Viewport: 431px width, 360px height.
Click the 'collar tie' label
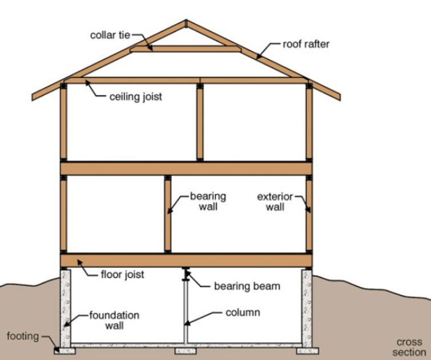pyautogui.click(x=110, y=35)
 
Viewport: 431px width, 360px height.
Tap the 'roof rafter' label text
pyautogui.click(x=306, y=43)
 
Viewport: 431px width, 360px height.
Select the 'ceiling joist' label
pyautogui.click(x=135, y=96)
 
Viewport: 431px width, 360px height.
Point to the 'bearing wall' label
pyautogui.click(x=208, y=201)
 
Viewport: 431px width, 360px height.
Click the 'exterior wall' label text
pyautogui.click(x=275, y=202)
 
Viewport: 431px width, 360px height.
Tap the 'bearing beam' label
pyautogui.click(x=247, y=285)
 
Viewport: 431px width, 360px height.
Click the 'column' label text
pyautogui.click(x=243, y=313)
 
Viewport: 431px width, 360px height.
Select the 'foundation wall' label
pyautogui.click(x=114, y=321)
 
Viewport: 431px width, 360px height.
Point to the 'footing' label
pyautogui.click(x=22, y=335)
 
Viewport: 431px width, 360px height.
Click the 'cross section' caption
pyautogui.click(x=409, y=347)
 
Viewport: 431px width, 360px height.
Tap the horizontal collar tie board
pyautogui.click(x=186, y=49)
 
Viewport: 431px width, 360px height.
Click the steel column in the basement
pyautogui.click(x=185, y=309)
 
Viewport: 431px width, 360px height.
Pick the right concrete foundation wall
pyautogui.click(x=307, y=306)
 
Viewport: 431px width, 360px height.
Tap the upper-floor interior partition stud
pyautogui.click(x=200, y=122)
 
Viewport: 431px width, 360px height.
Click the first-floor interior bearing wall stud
pyautogui.click(x=168, y=214)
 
